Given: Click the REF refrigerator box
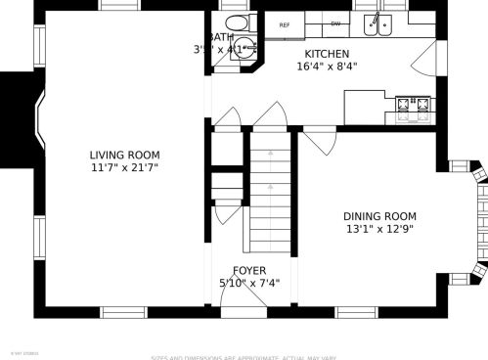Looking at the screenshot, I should pos(285,24).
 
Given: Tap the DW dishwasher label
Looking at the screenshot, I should pos(335,23).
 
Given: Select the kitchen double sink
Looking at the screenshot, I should pos(377,23).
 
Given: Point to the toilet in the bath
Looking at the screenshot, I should pos(235,22).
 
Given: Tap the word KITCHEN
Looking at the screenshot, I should pos(327,54).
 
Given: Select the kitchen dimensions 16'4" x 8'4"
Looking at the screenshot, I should pos(327,67).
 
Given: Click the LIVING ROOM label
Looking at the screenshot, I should pos(124,155).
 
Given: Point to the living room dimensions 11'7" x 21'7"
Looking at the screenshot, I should pos(124,168).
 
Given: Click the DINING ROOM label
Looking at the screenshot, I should pos(378,216).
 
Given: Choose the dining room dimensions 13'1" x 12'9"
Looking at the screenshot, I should pos(378,230).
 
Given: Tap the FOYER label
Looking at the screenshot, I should pos(249,270).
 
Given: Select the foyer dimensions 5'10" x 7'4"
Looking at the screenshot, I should pos(249,284).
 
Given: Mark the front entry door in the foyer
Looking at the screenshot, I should pos(244,301).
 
